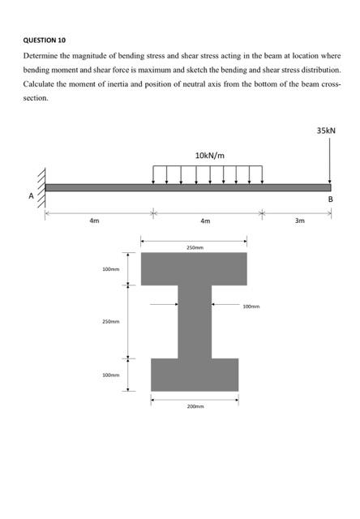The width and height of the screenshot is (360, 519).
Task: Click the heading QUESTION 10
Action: coord(45,40)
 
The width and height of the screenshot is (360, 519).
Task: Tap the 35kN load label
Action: coord(326,130)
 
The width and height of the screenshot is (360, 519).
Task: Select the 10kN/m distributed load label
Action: coord(210,155)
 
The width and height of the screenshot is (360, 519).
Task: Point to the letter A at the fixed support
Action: coord(32,195)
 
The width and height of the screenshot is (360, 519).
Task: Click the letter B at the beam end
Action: coord(330,199)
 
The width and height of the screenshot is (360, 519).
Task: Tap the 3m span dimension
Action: coord(299,221)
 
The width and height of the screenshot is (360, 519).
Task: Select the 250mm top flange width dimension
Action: coord(195,247)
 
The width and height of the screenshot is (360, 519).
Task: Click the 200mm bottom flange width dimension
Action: coord(195,405)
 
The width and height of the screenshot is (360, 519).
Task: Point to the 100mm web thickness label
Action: coord(252,307)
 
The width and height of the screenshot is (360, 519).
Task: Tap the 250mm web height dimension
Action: coord(111,322)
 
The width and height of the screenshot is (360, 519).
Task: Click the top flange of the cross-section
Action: coord(195,268)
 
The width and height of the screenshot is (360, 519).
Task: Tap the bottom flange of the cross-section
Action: coord(195,374)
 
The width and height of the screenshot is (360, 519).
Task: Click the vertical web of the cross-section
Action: coord(195,321)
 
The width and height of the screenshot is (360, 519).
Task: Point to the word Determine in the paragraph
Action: coord(41,56)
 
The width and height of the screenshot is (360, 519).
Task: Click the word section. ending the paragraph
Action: coord(36,97)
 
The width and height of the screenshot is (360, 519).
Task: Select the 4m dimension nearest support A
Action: coord(94,221)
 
